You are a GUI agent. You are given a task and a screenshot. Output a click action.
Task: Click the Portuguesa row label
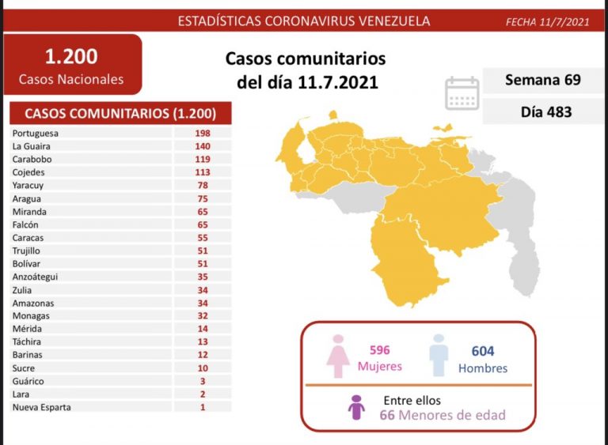(36, 133)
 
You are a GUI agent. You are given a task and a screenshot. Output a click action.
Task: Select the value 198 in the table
(203, 133)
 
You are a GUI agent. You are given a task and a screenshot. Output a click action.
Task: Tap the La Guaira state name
(31, 146)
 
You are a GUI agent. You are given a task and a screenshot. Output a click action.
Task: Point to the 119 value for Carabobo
(203, 159)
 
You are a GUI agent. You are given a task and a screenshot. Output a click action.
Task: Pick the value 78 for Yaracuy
(203, 185)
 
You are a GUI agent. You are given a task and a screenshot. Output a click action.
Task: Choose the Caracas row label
(28, 237)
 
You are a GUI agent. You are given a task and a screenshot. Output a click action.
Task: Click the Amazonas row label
(33, 303)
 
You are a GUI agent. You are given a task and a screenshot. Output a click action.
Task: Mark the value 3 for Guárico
(203, 381)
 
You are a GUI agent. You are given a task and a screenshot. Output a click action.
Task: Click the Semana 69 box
(542, 81)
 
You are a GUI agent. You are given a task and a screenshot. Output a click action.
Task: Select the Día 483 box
(542, 111)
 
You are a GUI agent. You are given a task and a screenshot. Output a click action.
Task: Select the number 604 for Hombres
(483, 351)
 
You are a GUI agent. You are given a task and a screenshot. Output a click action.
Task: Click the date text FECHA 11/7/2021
(547, 21)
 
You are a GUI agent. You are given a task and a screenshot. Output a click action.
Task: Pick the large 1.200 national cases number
(71, 56)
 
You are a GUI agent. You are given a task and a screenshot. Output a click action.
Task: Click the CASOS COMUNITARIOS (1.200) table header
(120, 113)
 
